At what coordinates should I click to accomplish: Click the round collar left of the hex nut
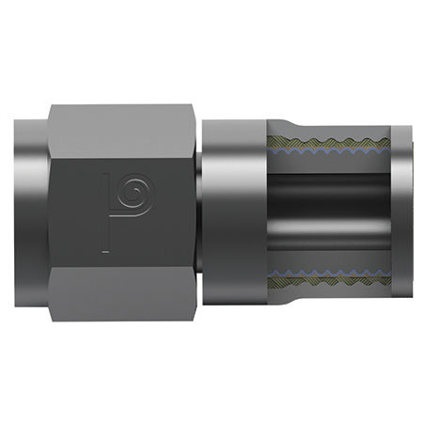coord(29,211)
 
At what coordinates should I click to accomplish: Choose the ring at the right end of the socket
coord(399,211)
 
